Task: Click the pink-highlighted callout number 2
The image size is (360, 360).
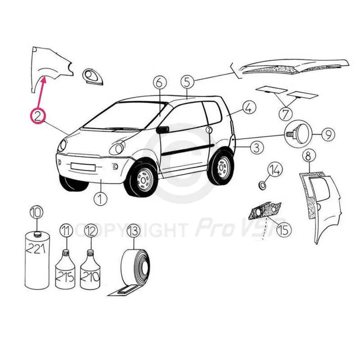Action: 38,116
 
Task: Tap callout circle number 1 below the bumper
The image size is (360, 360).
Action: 100,198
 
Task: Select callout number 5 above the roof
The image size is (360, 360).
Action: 187,82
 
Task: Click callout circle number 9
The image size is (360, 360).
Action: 328,134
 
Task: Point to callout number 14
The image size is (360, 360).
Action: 275,170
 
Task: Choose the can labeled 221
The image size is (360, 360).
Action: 37,260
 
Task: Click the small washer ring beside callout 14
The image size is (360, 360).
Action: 262,185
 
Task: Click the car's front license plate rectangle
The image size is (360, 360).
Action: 83,166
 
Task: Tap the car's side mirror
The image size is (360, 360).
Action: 162,130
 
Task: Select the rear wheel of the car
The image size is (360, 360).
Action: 220,167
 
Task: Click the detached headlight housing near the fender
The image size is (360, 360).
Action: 92,76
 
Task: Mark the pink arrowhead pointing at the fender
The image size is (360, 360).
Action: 44,80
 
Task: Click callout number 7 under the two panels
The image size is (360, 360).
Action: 285,113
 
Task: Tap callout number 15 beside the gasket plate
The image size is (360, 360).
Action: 284,229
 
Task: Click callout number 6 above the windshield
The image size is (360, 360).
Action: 160,82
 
